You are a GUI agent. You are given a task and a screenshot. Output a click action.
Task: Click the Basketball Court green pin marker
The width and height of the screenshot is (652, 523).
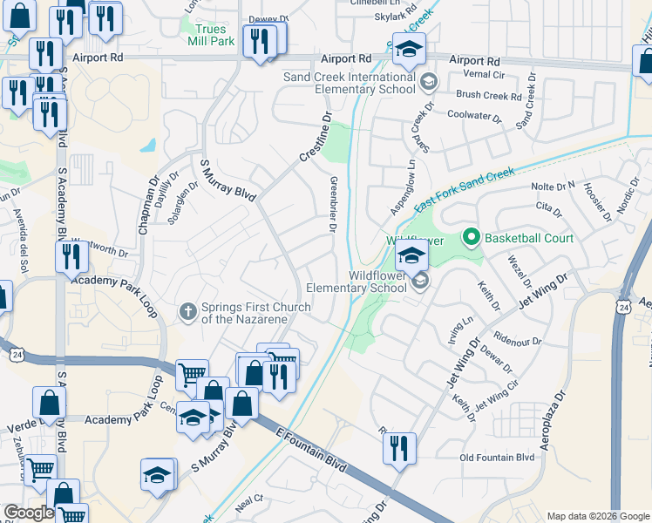pyautogui.click(x=472, y=236)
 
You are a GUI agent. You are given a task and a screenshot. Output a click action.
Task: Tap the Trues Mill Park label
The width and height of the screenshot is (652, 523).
pyautogui.click(x=210, y=34)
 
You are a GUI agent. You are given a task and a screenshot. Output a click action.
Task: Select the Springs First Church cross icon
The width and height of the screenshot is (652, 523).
pyautogui.click(x=187, y=311)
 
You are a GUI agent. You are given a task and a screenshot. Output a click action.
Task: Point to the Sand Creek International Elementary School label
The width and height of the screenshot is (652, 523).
pyautogui.click(x=350, y=83)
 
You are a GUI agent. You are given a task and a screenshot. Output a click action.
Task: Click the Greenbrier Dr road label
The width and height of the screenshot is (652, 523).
pyautogui.click(x=333, y=204)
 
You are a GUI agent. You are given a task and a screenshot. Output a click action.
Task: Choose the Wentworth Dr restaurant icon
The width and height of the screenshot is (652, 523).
pyautogui.click(x=71, y=256)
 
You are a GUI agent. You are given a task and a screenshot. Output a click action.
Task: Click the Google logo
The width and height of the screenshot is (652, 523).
pyautogui.click(x=29, y=513)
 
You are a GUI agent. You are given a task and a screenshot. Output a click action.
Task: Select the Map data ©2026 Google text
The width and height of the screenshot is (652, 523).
pyautogui.click(x=597, y=515)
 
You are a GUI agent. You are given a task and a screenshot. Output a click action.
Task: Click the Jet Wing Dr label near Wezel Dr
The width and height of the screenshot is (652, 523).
pyautogui.click(x=542, y=290)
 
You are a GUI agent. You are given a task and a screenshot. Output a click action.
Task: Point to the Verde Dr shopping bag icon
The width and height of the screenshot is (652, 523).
pyautogui.click(x=49, y=403)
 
